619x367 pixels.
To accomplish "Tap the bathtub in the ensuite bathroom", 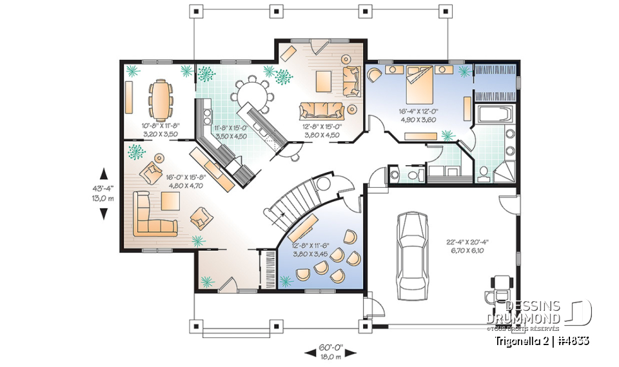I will tap(494, 117).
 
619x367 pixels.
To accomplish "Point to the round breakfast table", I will tap(251, 97).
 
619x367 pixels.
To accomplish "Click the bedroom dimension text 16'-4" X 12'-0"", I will tap(420, 111).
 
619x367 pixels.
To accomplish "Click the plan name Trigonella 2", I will tap(522, 340).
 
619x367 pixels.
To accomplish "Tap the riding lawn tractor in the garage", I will tap(497, 288).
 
